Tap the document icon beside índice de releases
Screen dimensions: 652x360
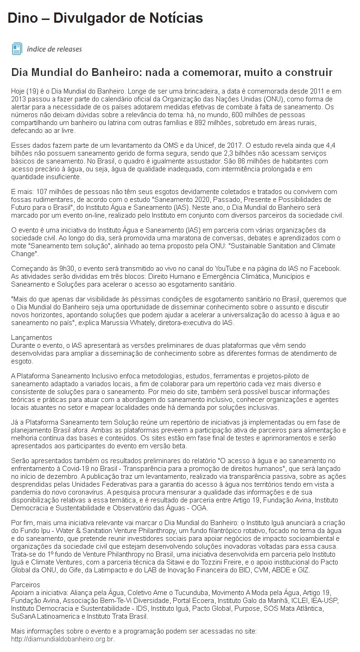pos(17,49)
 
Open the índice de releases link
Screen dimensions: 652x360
pos(54,49)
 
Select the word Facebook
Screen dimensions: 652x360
pos(325,269)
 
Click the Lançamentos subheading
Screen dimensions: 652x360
pos(32,338)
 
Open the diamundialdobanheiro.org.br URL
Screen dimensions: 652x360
pos(63,639)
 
